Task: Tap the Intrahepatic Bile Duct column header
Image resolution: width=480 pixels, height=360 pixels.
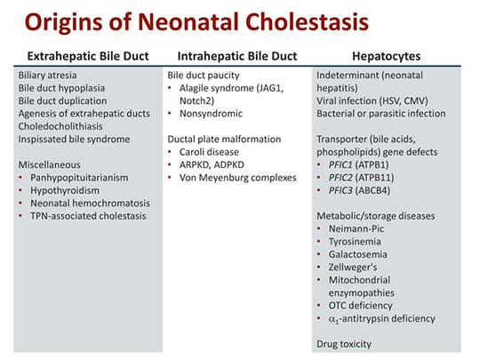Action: coord(235,55)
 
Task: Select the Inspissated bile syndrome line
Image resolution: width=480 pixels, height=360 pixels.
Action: coord(74,139)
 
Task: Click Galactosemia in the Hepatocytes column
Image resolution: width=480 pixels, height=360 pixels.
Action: coord(363,253)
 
